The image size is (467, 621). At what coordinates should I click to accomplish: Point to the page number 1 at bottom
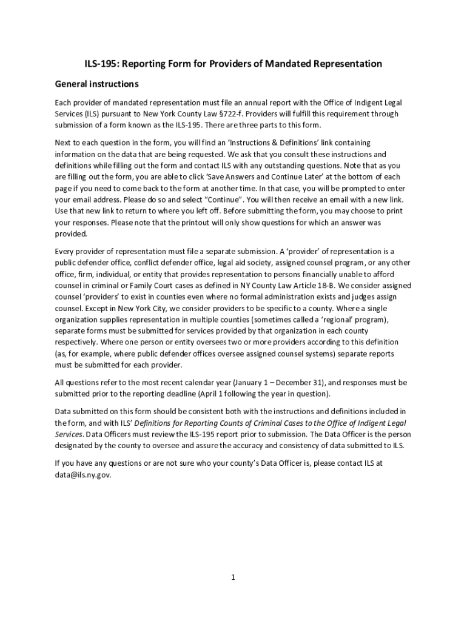(233, 577)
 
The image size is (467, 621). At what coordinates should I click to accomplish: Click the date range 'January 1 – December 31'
(276, 383)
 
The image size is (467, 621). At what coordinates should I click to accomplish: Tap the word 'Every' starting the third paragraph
(65, 250)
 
